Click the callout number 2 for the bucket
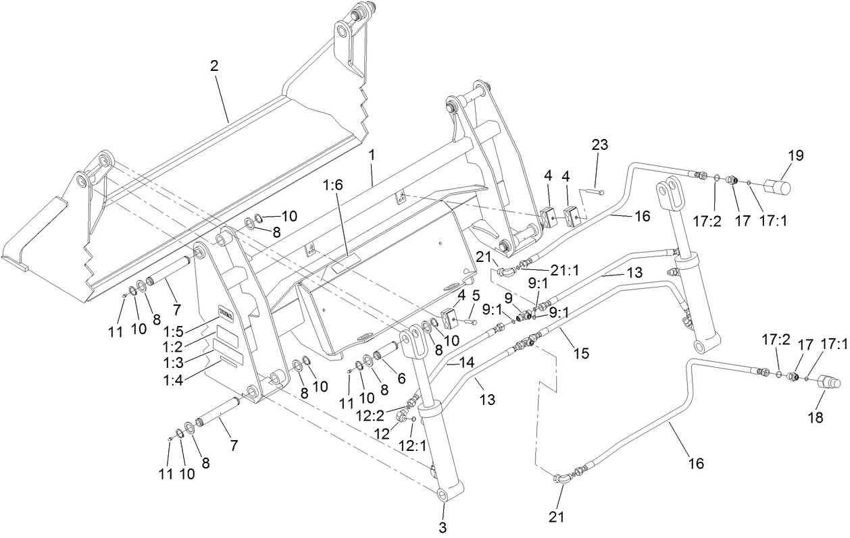(214, 65)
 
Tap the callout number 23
(600, 144)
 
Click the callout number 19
(795, 155)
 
